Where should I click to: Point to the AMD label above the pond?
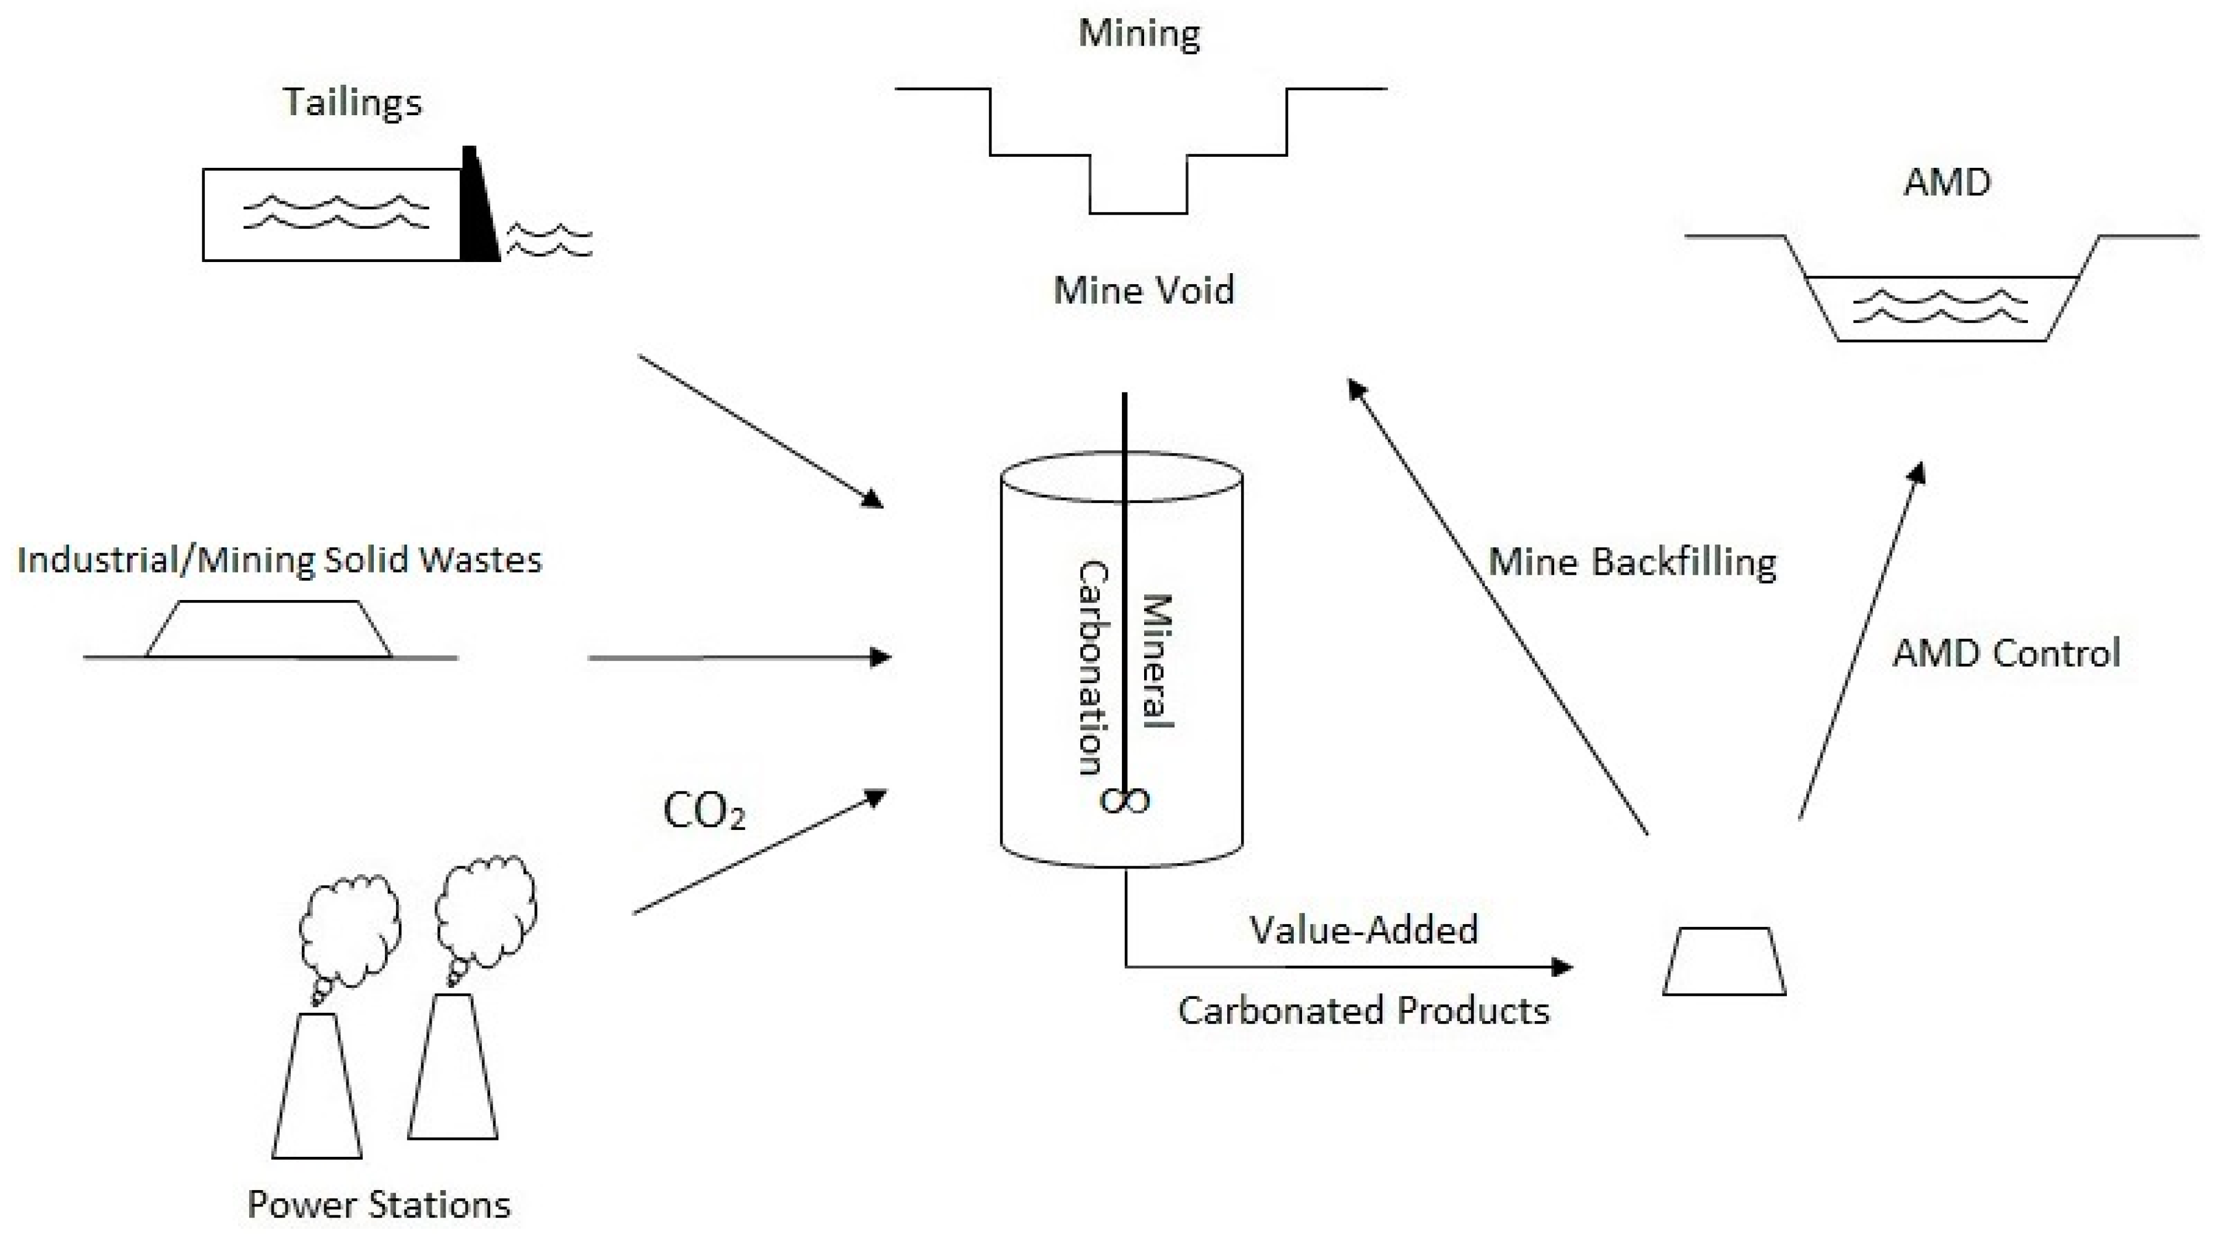click(1947, 182)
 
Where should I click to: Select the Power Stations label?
click(379, 1204)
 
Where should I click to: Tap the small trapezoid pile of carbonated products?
click(1724, 962)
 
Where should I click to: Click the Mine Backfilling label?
click(1632, 563)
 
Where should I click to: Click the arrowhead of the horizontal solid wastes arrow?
click(880, 658)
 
